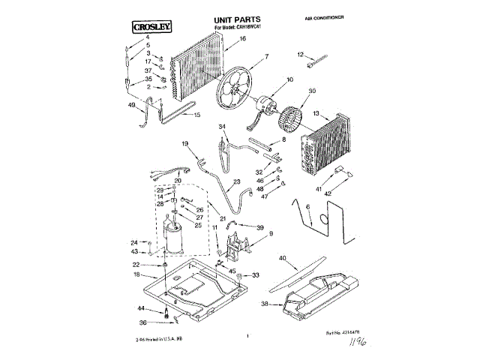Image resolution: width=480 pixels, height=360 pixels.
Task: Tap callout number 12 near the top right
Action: [x=300, y=54]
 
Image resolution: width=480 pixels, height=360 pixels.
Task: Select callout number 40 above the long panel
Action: [x=282, y=259]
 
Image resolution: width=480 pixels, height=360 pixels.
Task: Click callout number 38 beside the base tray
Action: [x=263, y=304]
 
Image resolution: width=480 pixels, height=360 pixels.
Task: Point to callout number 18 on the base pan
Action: [x=136, y=275]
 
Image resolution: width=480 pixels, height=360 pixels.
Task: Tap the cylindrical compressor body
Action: [x=174, y=241]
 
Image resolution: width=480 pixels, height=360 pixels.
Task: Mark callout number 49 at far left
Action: [x=132, y=106]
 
